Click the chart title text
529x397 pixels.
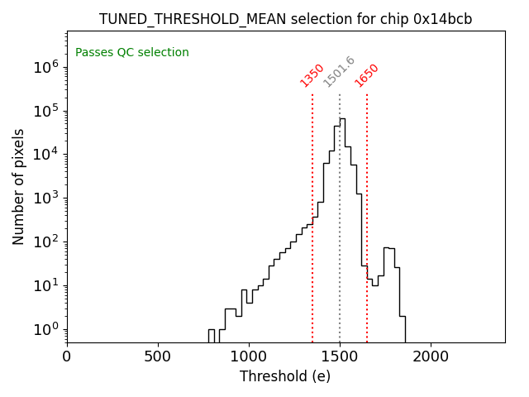click(285, 19)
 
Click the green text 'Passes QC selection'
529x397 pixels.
click(132, 53)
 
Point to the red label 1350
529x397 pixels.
click(312, 75)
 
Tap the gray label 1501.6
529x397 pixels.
click(339, 72)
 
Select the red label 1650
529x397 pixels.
click(366, 75)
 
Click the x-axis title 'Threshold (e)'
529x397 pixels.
click(285, 376)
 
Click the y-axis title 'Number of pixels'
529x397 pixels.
click(19, 186)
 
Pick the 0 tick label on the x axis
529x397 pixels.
click(67, 356)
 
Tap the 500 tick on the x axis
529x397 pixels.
click(158, 356)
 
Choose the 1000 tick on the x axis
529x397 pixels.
click(249, 356)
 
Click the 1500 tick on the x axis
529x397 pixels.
click(340, 356)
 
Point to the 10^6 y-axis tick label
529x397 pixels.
click(45, 67)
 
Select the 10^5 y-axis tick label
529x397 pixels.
click(45, 111)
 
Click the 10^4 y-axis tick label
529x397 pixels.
click(45, 155)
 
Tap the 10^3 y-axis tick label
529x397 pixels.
click(45, 198)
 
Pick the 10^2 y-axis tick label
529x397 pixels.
click(45, 242)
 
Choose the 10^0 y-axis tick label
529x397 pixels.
click(45, 330)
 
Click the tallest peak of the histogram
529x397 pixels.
click(342, 119)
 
